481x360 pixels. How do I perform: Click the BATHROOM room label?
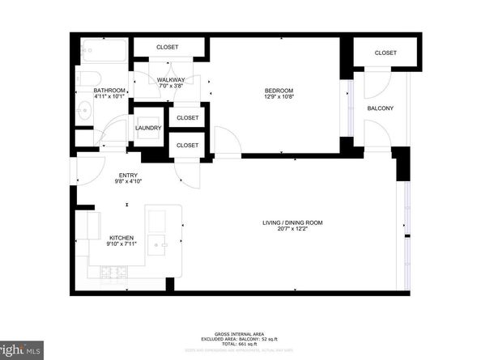pyautogui.click(x=109, y=90)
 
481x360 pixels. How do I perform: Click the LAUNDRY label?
pyautogui.click(x=148, y=128)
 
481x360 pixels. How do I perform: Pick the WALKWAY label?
pyautogui.click(x=171, y=79)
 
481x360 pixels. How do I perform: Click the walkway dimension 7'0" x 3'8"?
pyautogui.click(x=171, y=87)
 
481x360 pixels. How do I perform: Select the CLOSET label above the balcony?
pyautogui.click(x=385, y=53)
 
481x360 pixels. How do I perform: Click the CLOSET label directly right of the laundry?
pyautogui.click(x=187, y=118)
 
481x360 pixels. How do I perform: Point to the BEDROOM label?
pyautogui.click(x=279, y=90)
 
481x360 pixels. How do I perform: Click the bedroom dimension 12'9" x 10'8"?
pyautogui.click(x=279, y=97)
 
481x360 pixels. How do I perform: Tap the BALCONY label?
pyautogui.click(x=380, y=108)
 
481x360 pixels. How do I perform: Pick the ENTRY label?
pyautogui.click(x=128, y=175)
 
